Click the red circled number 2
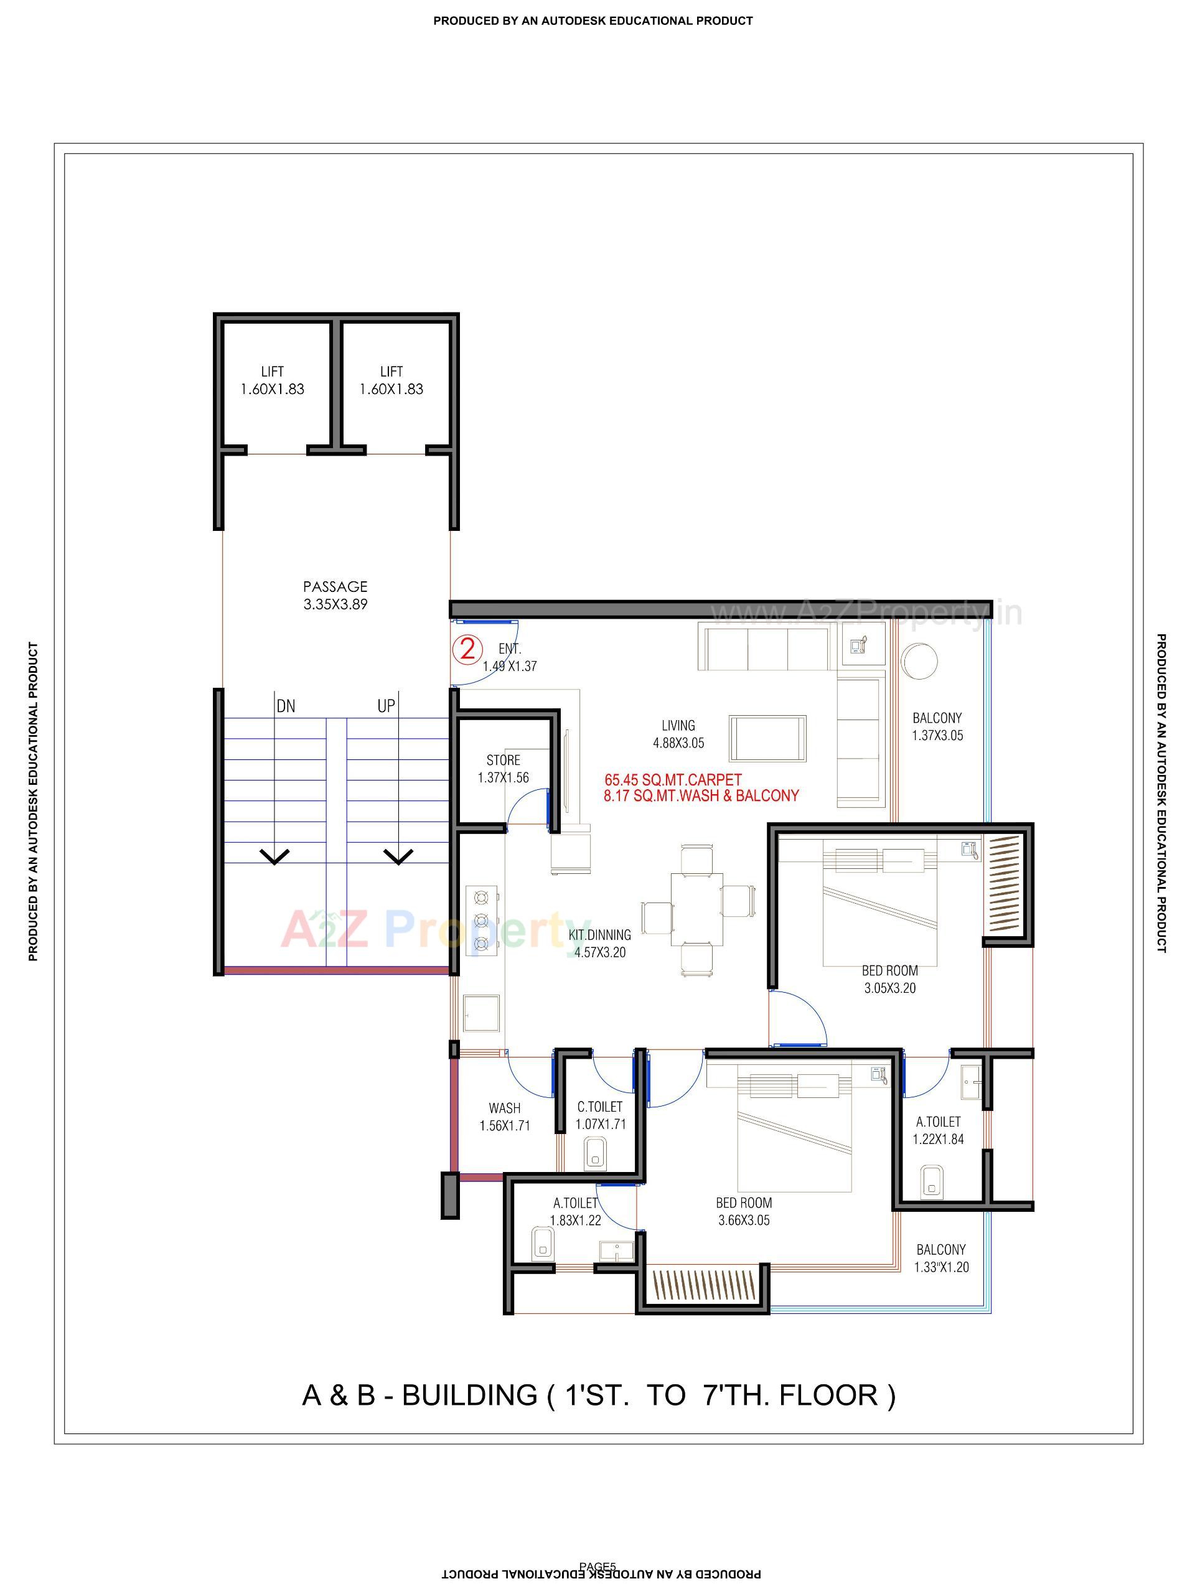coord(467,649)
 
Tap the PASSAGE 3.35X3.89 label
coord(335,595)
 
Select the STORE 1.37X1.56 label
coord(503,769)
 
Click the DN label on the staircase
coord(286,706)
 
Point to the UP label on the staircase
coord(387,706)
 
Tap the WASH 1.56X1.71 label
coord(505,1117)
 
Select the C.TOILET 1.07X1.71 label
coord(599,1115)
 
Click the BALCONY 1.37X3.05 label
coord(937,726)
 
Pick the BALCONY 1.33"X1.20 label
coord(940,1258)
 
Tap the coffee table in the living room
coord(767,738)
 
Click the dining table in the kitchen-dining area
coord(696,909)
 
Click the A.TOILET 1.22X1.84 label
coord(938,1130)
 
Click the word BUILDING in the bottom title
coord(469,1395)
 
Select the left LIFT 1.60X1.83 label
coord(273,380)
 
